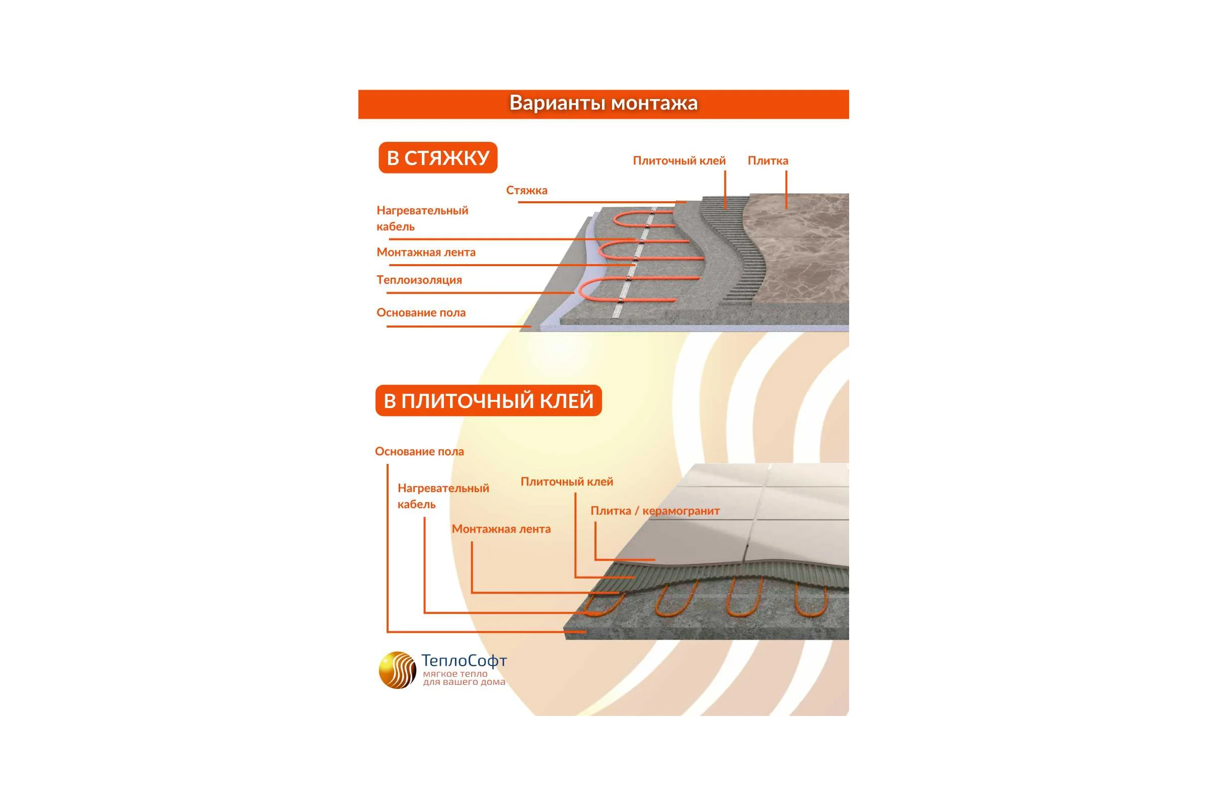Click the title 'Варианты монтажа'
[603, 103]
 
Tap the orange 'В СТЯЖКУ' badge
[438, 157]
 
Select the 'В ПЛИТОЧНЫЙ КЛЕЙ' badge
[488, 400]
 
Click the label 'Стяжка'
[526, 191]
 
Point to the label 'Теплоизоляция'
[419, 280]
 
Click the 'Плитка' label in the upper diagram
[768, 160]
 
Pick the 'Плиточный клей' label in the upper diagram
[679, 160]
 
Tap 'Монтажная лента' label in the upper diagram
[426, 252]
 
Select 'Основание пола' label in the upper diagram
[421, 312]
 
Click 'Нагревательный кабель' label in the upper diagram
[422, 218]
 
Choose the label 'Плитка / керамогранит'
[655, 511]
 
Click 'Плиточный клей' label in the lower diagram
[567, 481]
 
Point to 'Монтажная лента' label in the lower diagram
[501, 529]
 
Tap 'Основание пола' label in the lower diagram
[419, 451]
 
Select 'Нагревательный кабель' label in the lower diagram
[443, 496]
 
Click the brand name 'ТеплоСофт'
[464, 660]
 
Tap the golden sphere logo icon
[398, 670]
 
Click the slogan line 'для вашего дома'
[464, 682]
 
